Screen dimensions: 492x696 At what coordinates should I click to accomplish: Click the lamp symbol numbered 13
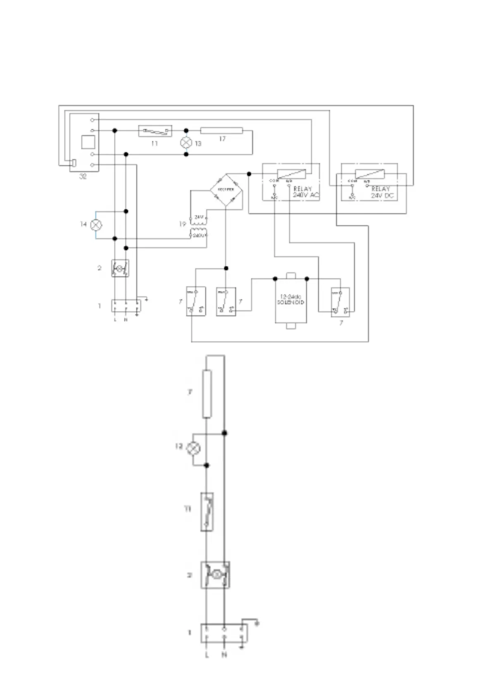click(x=186, y=143)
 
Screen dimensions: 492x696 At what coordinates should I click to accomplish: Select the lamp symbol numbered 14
click(x=96, y=225)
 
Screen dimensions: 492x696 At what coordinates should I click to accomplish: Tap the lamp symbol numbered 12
click(x=193, y=448)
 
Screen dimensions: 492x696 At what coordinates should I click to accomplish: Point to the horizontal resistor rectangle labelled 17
click(x=221, y=131)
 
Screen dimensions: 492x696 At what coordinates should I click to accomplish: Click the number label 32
click(x=83, y=176)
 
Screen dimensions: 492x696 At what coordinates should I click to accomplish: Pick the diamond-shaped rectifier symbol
click(x=226, y=190)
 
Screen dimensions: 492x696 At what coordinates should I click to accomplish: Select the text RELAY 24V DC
click(x=382, y=192)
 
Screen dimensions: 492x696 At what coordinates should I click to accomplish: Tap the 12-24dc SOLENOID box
click(x=291, y=300)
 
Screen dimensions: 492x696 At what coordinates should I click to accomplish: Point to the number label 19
click(x=182, y=224)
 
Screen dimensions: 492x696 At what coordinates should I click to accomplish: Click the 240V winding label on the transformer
click(x=199, y=235)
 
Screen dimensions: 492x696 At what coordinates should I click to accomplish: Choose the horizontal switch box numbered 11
click(x=155, y=131)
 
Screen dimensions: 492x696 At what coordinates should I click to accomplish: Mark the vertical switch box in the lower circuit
click(x=207, y=512)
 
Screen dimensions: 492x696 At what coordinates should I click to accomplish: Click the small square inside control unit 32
click(x=88, y=142)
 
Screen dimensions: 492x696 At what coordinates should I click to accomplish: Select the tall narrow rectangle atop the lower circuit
click(x=207, y=394)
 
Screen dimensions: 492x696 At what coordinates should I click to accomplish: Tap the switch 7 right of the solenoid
click(x=340, y=302)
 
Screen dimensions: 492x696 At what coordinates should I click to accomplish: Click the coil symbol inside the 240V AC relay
click(x=291, y=174)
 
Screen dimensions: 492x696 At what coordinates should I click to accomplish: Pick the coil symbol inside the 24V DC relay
click(x=370, y=174)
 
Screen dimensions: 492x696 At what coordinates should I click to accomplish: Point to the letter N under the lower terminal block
click(x=224, y=655)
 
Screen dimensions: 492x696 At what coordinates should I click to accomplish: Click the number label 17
click(x=222, y=139)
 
